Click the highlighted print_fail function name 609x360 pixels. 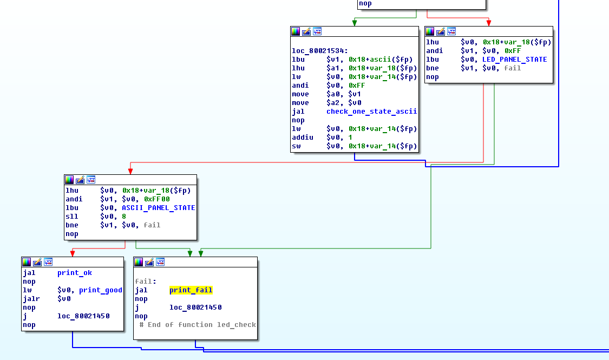pyautogui.click(x=191, y=290)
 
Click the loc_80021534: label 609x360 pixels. pyautogui.click(x=319, y=51)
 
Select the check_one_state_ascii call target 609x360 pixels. pyautogui.click(x=371, y=112)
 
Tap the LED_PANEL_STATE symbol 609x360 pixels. pyautogui.click(x=514, y=60)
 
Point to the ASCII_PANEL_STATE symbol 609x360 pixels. pyautogui.click(x=159, y=208)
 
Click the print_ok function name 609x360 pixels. pyautogui.click(x=75, y=273)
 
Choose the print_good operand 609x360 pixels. pyautogui.click(x=101, y=290)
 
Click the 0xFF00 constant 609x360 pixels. pyautogui.click(x=156, y=199)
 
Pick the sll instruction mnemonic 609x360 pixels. pyautogui.click(x=72, y=217)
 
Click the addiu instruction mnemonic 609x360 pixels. pyautogui.click(x=303, y=138)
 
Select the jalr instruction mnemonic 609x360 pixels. pyautogui.click(x=31, y=299)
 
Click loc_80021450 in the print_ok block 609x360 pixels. pyautogui.click(x=83, y=316)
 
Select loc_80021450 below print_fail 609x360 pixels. pyautogui.click(x=195, y=307)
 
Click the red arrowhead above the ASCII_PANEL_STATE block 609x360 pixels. pyautogui.click(x=130, y=171)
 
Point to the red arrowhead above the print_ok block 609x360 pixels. pyautogui.click(x=72, y=253)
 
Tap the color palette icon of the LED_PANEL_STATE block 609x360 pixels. pyautogui.click(x=430, y=31)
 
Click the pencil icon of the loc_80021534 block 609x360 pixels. pyautogui.click(x=306, y=31)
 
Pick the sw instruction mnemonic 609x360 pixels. pyautogui.click(x=296, y=146)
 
